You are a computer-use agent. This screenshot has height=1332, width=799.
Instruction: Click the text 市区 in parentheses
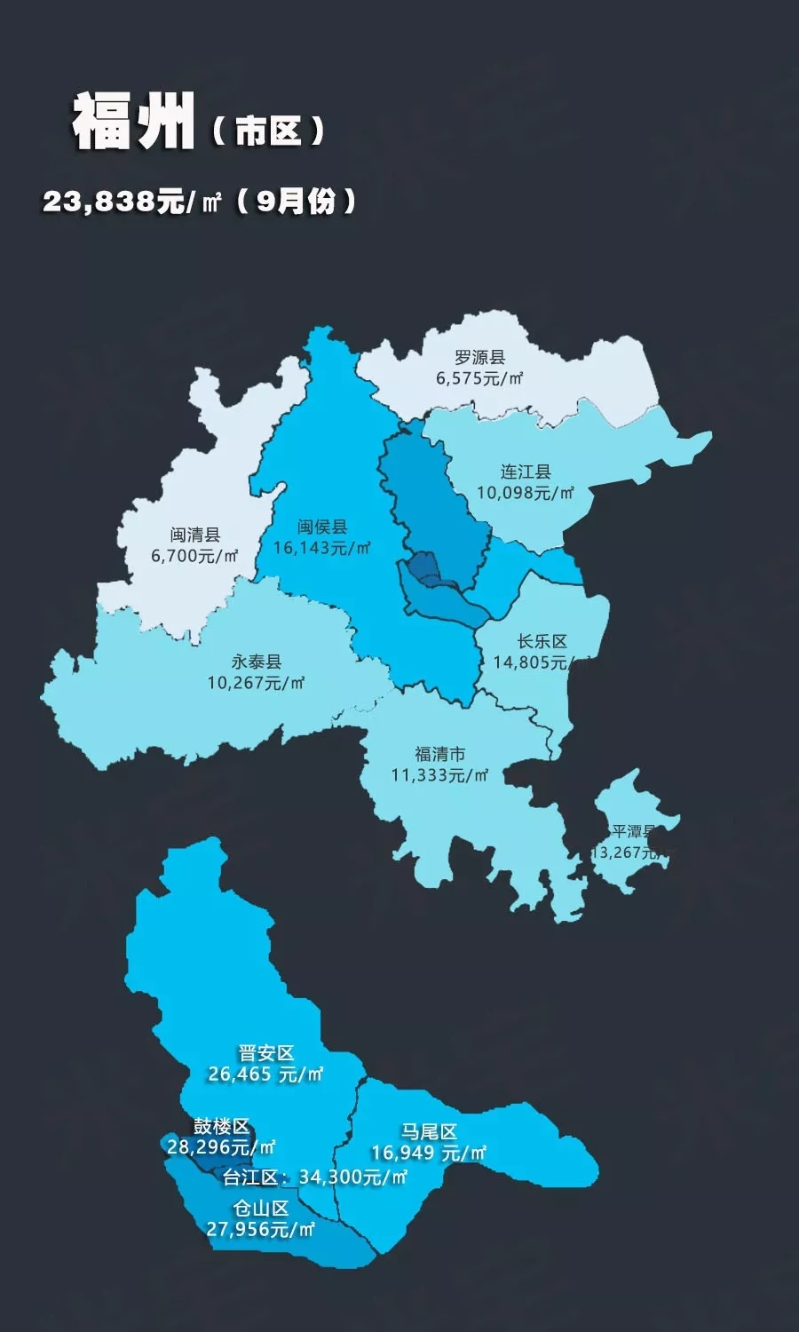268,131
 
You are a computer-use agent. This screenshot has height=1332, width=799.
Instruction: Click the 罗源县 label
479,357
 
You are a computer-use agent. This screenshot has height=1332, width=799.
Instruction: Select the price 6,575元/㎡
479,378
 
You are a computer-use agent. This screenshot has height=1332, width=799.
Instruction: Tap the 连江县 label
526,472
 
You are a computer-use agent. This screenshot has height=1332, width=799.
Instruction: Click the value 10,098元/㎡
526,493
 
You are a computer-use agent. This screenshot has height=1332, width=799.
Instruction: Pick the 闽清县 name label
195,535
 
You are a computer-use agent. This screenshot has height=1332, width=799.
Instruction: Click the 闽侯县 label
322,527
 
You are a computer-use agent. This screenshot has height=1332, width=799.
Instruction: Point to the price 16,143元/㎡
321,548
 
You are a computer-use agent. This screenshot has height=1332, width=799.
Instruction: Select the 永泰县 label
257,662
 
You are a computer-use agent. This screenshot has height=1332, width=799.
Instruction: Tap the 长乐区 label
542,641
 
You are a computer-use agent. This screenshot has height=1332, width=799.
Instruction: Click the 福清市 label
439,754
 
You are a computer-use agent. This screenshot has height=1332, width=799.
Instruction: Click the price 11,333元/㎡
439,775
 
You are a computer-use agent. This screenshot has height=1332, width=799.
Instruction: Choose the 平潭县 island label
633,832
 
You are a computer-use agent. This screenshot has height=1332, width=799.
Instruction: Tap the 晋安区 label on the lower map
265,1053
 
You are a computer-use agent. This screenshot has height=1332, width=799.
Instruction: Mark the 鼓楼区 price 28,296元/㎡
221,1147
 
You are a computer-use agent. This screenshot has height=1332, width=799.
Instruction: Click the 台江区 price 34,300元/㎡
352,1177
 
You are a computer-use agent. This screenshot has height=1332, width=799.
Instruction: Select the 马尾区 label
429,1131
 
